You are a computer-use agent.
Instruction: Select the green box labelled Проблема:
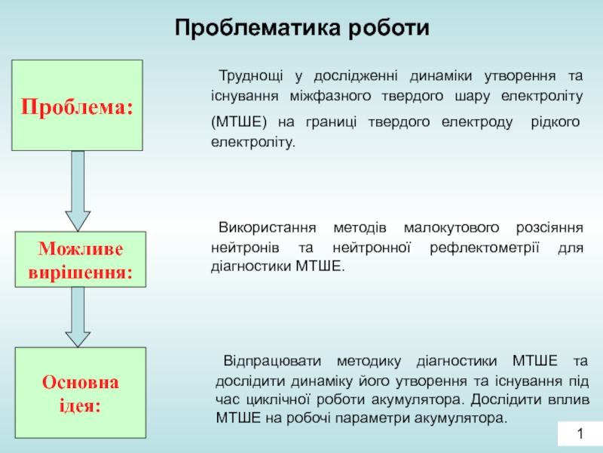point(77,106)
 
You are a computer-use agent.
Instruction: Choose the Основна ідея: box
point(81,393)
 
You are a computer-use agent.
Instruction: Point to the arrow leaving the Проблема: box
point(78,190)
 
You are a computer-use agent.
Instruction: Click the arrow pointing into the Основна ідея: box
point(78,318)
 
